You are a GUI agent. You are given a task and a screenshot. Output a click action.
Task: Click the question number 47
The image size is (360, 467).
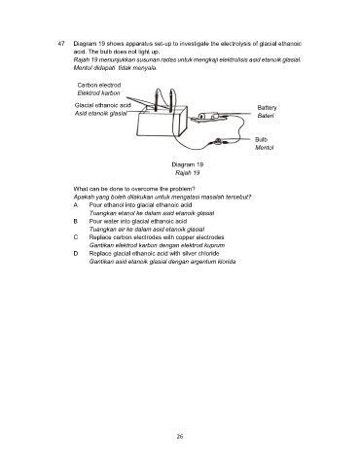click(61, 44)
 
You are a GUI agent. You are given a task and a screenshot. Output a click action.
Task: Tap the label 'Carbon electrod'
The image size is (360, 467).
click(99, 85)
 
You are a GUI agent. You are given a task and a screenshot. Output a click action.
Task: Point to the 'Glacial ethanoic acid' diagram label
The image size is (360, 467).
click(103, 105)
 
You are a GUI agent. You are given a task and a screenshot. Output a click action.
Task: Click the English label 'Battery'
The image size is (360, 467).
click(267, 108)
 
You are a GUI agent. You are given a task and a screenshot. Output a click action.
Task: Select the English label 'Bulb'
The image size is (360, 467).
click(261, 139)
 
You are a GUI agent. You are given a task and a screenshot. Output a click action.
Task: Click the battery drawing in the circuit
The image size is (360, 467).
click(208, 116)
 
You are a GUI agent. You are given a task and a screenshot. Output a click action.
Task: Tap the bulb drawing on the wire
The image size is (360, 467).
click(218, 141)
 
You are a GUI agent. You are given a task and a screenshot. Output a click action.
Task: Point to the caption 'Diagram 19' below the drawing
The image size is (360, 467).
click(188, 164)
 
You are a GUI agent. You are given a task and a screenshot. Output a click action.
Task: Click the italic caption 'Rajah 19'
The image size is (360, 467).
click(188, 172)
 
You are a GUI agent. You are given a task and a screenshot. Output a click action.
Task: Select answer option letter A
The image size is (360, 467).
click(76, 205)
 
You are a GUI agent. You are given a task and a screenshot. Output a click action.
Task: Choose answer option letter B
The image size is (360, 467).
click(76, 221)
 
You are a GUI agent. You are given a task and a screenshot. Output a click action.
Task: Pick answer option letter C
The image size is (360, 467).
click(76, 237)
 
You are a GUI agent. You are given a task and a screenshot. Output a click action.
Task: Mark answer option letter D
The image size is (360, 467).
click(76, 253)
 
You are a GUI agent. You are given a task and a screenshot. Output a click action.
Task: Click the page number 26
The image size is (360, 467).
click(180, 436)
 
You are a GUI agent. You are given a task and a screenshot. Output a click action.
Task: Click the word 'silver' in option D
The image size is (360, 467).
click(190, 253)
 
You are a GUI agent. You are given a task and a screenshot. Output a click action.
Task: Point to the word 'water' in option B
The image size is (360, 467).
click(112, 221)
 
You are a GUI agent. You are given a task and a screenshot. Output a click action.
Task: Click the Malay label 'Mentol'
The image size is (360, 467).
click(265, 148)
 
